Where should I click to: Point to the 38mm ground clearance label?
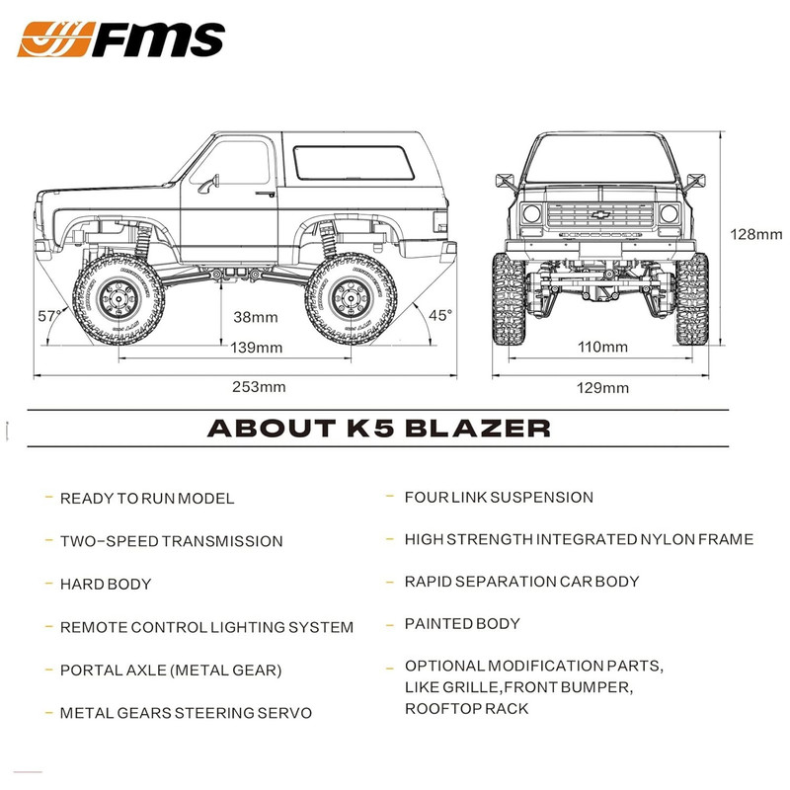coord(255,317)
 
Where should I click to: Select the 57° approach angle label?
coord(49,316)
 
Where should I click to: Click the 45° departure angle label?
coord(440,315)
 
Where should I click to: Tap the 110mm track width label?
coord(602,347)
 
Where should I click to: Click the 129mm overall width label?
coord(602,387)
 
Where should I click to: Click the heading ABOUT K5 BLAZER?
coord(378,429)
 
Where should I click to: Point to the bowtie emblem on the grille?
coord(601,213)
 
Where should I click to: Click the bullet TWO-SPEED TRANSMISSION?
coord(172,541)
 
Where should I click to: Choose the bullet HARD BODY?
coord(106,584)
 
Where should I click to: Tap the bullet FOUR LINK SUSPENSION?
coord(499,498)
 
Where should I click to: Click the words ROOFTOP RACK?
coord(466,709)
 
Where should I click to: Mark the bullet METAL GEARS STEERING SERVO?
coord(186,713)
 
